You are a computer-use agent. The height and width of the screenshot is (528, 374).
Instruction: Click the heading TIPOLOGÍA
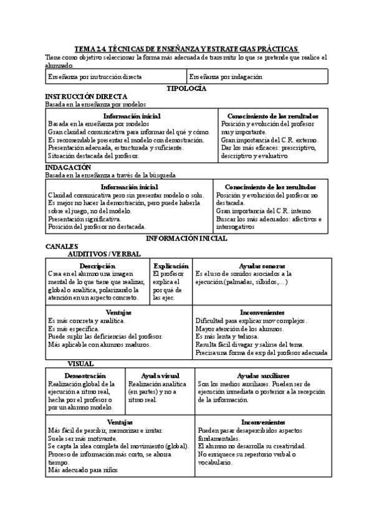[x=186, y=89]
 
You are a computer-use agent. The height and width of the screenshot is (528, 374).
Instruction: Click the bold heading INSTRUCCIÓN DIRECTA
[x=87, y=97]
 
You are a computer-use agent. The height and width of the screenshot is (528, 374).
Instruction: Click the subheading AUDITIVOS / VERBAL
[x=104, y=254]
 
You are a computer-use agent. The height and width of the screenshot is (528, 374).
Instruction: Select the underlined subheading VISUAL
[x=80, y=363]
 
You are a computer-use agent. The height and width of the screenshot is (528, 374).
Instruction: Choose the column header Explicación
[x=171, y=266]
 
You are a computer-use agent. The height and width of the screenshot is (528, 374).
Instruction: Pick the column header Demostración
[x=85, y=376]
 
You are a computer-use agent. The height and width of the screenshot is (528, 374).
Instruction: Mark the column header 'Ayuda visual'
[x=160, y=376]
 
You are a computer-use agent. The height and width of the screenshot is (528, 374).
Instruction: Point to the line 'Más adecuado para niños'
[x=83, y=471]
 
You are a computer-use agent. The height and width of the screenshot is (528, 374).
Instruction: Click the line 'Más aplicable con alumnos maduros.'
[x=99, y=344]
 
